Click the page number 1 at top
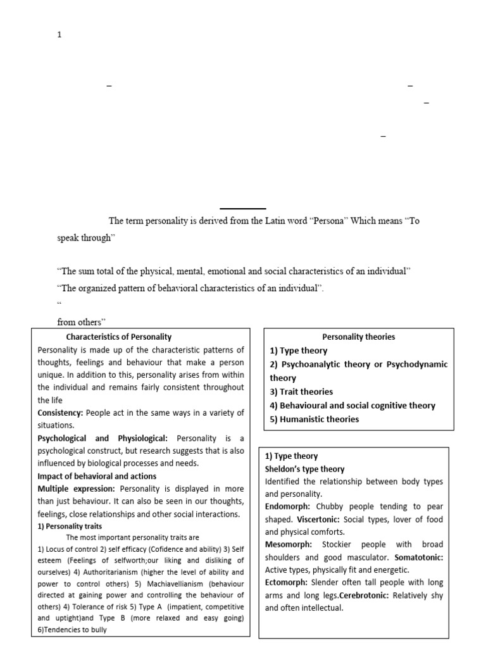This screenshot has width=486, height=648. click(x=59, y=35)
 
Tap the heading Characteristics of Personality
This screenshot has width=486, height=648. click(x=119, y=337)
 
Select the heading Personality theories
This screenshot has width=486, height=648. click(x=359, y=337)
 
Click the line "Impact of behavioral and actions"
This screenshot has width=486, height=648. click(x=97, y=476)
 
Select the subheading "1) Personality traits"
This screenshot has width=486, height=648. click(x=70, y=526)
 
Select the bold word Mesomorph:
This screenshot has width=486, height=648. click(x=289, y=544)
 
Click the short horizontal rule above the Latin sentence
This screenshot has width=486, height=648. click(x=243, y=208)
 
